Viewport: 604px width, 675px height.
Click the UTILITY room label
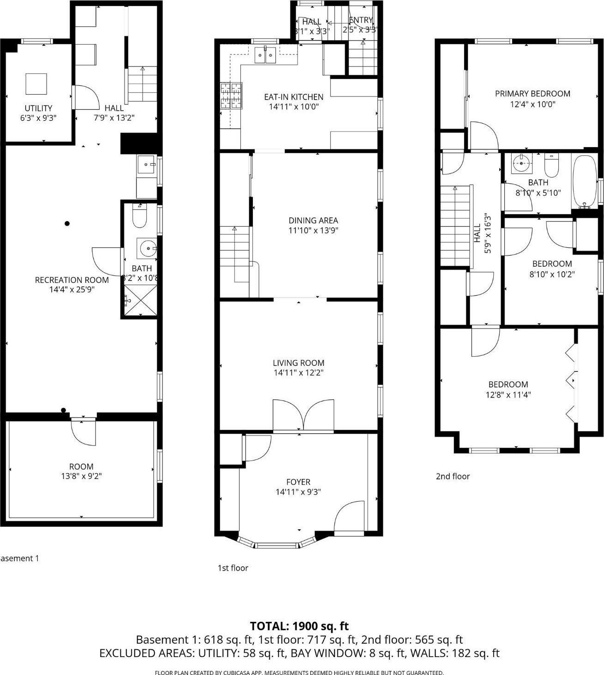[38, 108]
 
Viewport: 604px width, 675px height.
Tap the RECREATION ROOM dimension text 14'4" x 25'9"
[72, 290]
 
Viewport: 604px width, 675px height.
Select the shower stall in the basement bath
[140, 300]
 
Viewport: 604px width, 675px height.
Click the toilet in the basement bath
[139, 218]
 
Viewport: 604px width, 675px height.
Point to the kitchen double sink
[265, 55]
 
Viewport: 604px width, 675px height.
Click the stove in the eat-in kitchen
[231, 96]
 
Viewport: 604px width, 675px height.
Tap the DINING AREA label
[313, 221]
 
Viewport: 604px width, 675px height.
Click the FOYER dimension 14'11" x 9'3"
[298, 492]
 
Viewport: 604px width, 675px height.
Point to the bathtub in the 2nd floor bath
[584, 182]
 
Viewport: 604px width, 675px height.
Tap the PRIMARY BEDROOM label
[532, 94]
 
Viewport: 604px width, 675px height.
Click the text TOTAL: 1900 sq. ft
[299, 626]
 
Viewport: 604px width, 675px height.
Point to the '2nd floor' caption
[453, 476]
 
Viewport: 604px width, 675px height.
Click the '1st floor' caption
[233, 568]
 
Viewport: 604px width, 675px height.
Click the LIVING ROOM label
[299, 363]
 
